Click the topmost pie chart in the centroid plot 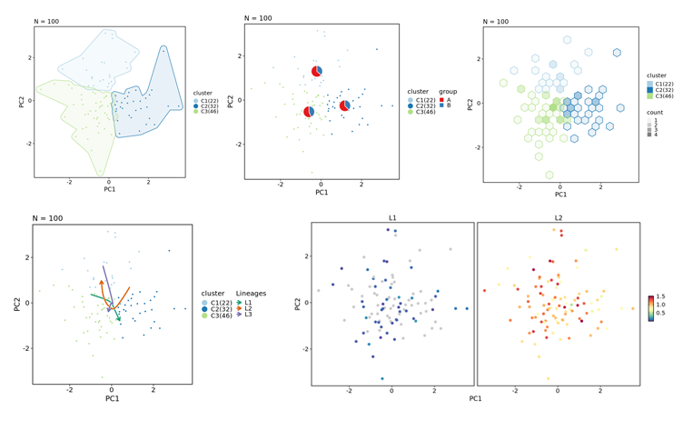317,72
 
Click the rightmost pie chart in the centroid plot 344,106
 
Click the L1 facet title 392,217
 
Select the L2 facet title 559,217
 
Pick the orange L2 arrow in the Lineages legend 240,307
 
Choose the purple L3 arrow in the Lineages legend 240,315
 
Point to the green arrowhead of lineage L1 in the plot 119,320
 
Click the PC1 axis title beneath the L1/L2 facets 475,398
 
